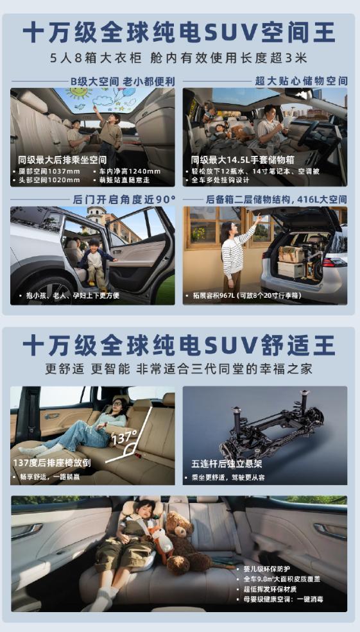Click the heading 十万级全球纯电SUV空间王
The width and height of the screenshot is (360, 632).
pos(179,33)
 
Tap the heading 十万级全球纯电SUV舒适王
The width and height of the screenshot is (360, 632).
pos(179,345)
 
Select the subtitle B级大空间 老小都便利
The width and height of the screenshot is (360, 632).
pos(123,81)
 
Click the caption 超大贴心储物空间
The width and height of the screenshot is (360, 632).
pos(301,81)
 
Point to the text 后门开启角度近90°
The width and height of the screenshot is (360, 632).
pos(124,199)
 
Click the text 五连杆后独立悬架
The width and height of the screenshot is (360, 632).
pos(227,464)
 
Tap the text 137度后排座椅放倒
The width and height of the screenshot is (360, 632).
pos(52,463)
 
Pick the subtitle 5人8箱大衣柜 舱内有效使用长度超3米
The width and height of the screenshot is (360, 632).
pos(179,58)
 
